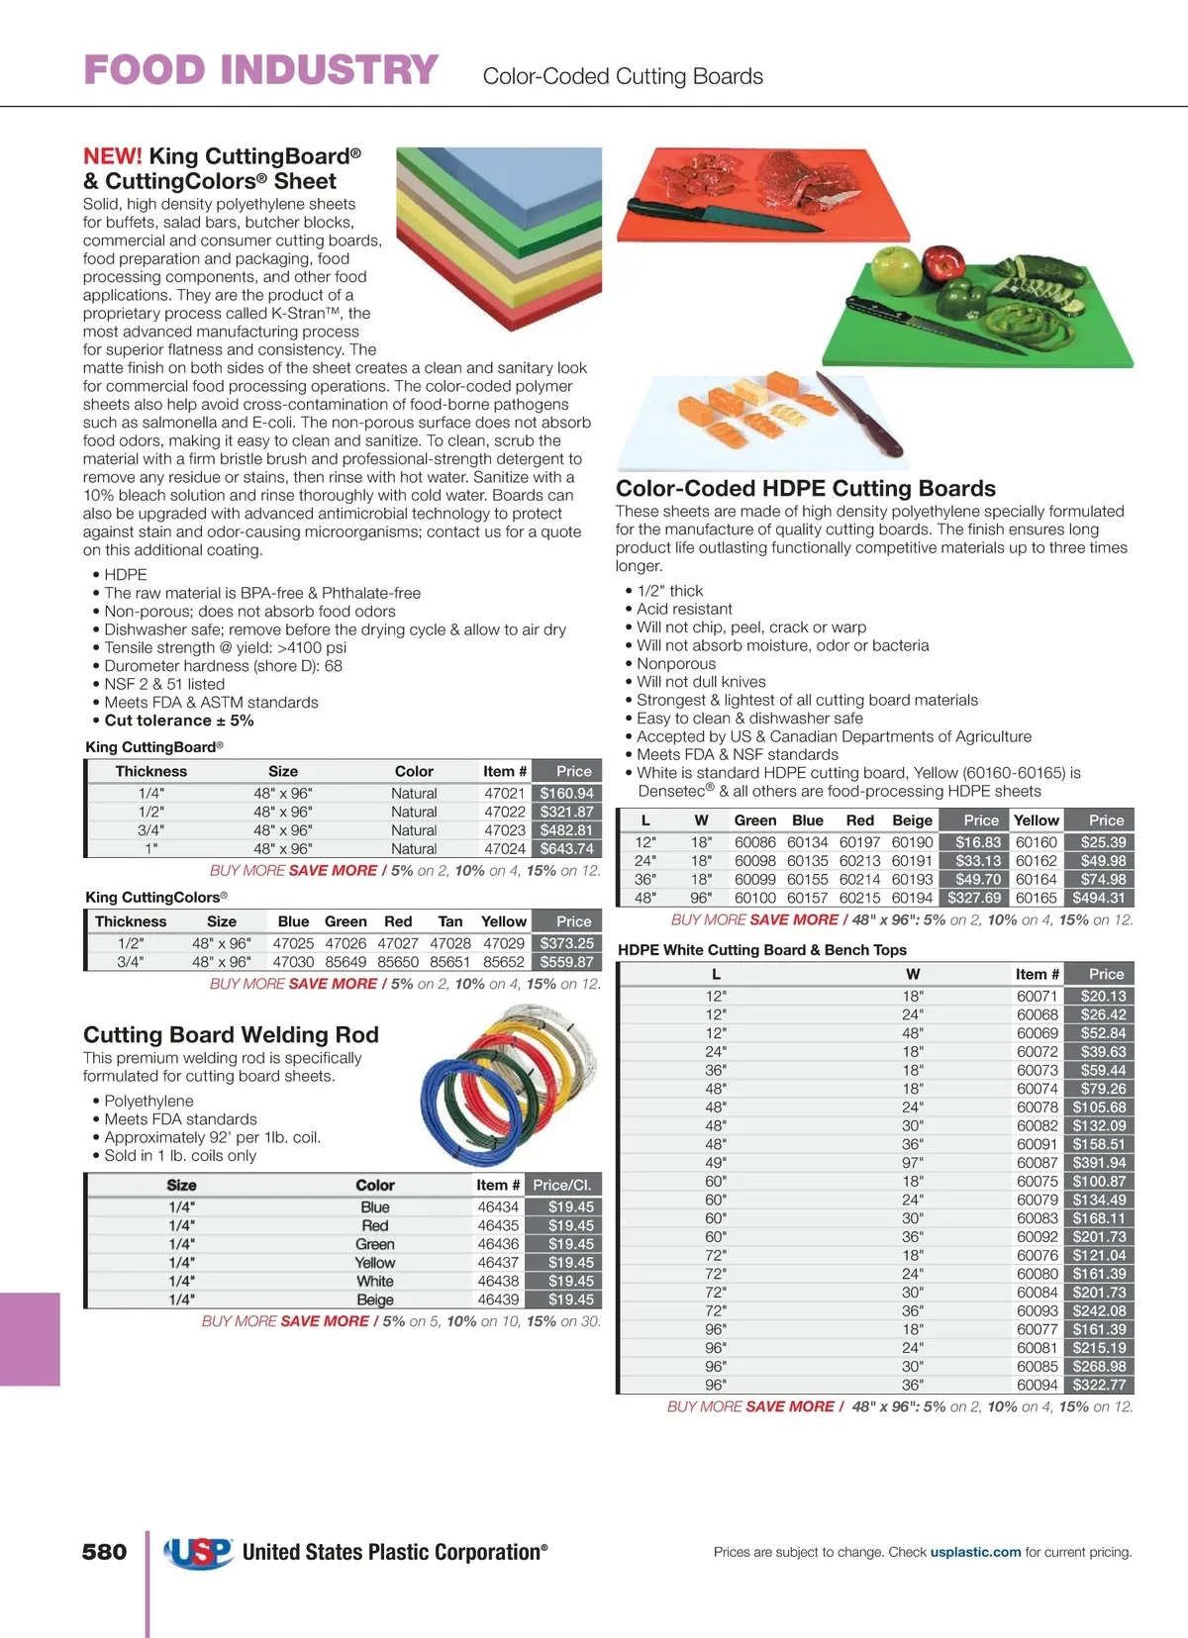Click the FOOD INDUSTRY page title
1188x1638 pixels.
coord(260,71)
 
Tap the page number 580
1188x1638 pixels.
coord(104,1552)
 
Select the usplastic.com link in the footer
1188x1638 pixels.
coord(975,1552)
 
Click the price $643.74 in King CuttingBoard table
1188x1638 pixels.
coord(566,849)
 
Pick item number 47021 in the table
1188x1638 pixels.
coord(504,794)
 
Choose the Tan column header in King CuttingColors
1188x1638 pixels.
coord(450,921)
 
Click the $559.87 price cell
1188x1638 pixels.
coord(566,962)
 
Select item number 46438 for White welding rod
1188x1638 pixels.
coord(498,1281)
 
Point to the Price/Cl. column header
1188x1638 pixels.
coord(561,1185)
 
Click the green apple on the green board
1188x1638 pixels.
coord(895,269)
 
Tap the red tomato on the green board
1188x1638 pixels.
coord(942,264)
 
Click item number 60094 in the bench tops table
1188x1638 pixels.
coord(1037,1386)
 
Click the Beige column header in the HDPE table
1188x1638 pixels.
coord(912,820)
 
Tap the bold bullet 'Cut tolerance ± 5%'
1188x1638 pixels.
coord(179,721)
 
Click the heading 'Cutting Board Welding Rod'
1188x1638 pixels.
coord(231,1035)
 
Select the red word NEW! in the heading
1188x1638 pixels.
coord(113,156)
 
